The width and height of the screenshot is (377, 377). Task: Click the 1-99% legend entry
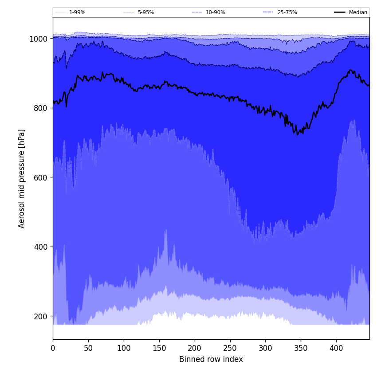coord(77,12)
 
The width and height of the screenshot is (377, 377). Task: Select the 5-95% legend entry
coord(145,12)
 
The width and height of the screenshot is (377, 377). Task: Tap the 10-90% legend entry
coord(215,12)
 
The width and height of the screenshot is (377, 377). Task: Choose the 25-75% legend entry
coord(287,12)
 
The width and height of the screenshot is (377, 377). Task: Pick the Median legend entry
coord(358,12)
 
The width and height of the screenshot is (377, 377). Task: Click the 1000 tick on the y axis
coord(39,39)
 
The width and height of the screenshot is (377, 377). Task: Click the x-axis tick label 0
coord(53,349)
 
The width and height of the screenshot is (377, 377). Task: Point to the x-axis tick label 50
coord(88,349)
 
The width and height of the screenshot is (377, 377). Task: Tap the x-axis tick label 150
coord(159,349)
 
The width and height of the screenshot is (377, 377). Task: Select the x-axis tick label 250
coord(230,349)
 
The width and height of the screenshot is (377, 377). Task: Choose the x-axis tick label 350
coord(301,349)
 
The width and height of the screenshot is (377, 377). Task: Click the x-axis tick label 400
coord(336,349)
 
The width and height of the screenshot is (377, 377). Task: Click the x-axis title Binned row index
coord(211,359)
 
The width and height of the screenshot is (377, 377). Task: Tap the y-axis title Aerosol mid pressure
coord(22,178)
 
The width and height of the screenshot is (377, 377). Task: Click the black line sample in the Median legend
coord(340,12)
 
